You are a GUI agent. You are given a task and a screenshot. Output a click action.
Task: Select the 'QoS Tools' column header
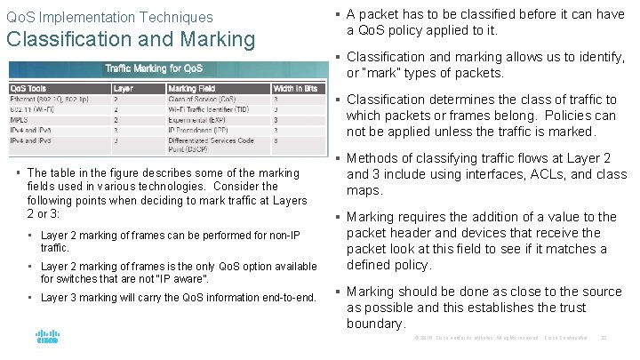pyautogui.click(x=29, y=88)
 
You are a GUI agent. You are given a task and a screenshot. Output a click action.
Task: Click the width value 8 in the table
pyautogui.click(x=276, y=140)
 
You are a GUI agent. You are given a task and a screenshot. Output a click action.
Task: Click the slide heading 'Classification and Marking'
pyautogui.click(x=131, y=40)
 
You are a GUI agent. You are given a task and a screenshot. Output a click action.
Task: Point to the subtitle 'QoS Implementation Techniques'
pyautogui.click(x=109, y=17)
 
